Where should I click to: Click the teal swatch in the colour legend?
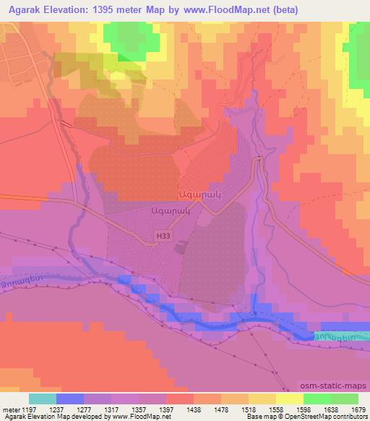tap(43, 399)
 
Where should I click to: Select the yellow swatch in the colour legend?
tap(290, 399)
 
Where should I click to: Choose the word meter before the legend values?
tap(9, 409)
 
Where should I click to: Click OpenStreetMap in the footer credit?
tap(330, 417)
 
